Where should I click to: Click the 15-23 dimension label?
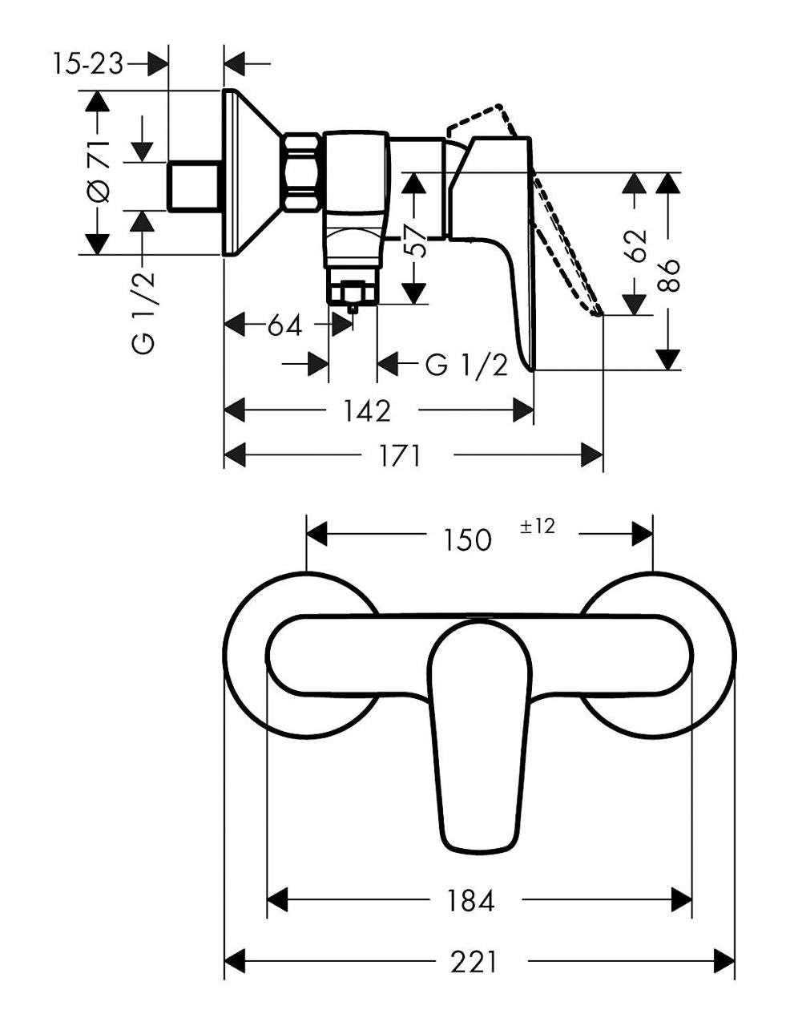click(x=87, y=64)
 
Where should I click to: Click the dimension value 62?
click(x=635, y=245)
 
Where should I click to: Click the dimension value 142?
click(x=367, y=410)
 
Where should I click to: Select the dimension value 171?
click(x=400, y=456)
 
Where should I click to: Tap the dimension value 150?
click(x=468, y=539)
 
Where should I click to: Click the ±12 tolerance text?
click(x=538, y=526)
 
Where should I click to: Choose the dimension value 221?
click(x=474, y=962)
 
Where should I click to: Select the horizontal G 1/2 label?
click(x=466, y=365)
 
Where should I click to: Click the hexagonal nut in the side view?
click(x=302, y=172)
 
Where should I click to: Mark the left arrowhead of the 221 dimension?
click(x=235, y=961)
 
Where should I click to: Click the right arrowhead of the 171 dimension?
click(x=591, y=455)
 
